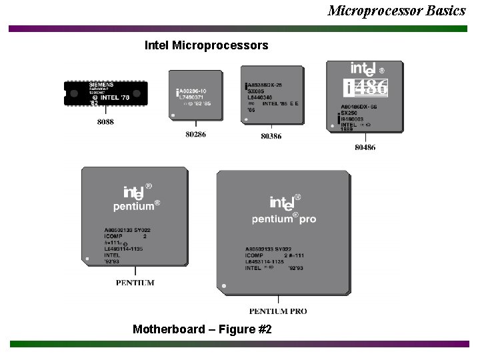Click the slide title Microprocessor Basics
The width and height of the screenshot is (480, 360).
[x=396, y=10]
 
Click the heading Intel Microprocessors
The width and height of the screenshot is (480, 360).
[x=207, y=45]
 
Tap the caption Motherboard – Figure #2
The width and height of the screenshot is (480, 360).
[x=202, y=329]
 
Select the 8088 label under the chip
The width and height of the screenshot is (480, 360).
[x=105, y=122]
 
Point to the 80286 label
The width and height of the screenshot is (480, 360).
[x=195, y=135]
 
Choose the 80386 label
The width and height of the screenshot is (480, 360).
[x=271, y=136]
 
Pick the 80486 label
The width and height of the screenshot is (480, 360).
[x=365, y=147]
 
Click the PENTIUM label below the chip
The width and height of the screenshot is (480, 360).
[x=135, y=283]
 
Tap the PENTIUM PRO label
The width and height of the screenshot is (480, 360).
[x=278, y=311]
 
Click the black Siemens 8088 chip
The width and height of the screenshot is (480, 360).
[x=105, y=93]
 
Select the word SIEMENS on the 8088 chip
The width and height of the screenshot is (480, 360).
[x=101, y=85]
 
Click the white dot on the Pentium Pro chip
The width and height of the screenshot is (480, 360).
[x=224, y=286]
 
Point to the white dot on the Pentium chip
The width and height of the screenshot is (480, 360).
[x=87, y=257]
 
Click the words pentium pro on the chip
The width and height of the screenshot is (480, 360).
[x=284, y=219]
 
